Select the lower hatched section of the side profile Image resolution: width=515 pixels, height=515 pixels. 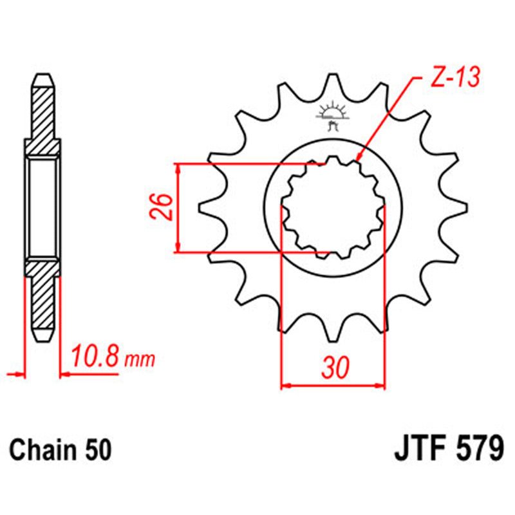(x=42, y=303)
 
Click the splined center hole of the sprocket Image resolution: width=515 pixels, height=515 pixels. (x=333, y=207)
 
